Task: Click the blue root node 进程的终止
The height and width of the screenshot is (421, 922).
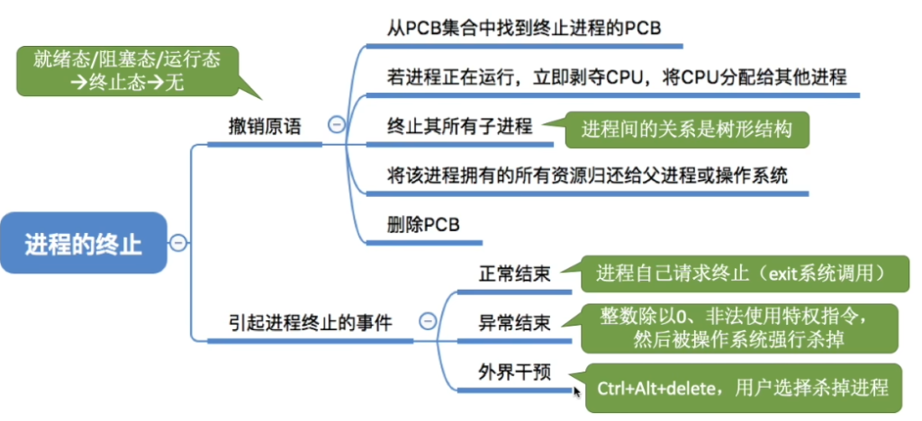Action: click(83, 243)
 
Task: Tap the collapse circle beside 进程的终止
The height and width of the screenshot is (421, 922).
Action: click(178, 242)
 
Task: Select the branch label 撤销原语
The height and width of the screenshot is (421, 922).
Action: click(263, 127)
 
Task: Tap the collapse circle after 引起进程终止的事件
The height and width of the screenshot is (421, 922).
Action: click(429, 320)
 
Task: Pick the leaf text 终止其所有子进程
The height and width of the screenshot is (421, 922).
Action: click(455, 126)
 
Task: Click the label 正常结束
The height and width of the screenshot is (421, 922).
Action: click(515, 273)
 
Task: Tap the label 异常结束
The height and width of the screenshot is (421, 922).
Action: click(515, 321)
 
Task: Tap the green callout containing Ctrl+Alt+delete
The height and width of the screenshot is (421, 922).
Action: click(743, 388)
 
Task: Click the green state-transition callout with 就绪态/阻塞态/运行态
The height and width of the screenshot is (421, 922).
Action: click(127, 73)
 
